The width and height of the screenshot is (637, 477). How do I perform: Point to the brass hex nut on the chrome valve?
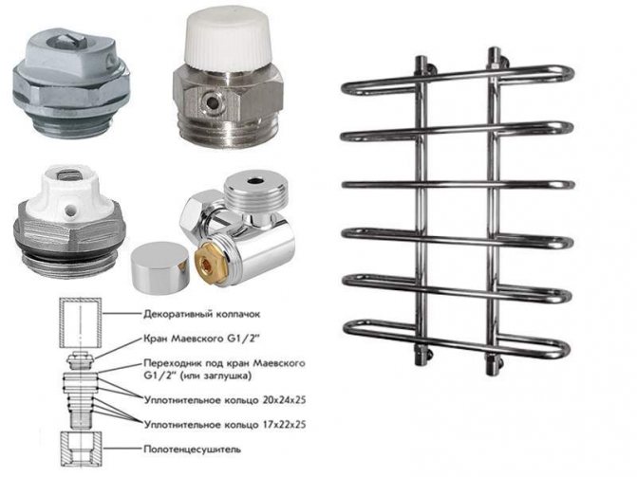(206, 259)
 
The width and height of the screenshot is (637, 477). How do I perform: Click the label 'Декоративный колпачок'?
(202, 314)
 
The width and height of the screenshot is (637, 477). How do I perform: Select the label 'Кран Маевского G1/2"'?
(201, 339)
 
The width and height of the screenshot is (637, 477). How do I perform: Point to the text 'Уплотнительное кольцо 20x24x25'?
(225, 400)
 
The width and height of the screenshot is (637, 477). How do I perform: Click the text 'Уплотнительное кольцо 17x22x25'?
(225, 425)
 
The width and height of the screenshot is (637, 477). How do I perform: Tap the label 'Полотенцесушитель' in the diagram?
(192, 449)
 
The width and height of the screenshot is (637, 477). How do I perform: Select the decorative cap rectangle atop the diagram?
(81, 322)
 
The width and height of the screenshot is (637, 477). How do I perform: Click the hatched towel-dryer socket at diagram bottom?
(81, 449)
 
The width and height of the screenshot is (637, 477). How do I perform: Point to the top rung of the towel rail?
(458, 81)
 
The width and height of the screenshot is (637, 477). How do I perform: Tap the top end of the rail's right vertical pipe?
(494, 50)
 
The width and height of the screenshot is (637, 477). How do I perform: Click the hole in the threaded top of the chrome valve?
(256, 180)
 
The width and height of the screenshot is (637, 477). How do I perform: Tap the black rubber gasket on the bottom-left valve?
(69, 255)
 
